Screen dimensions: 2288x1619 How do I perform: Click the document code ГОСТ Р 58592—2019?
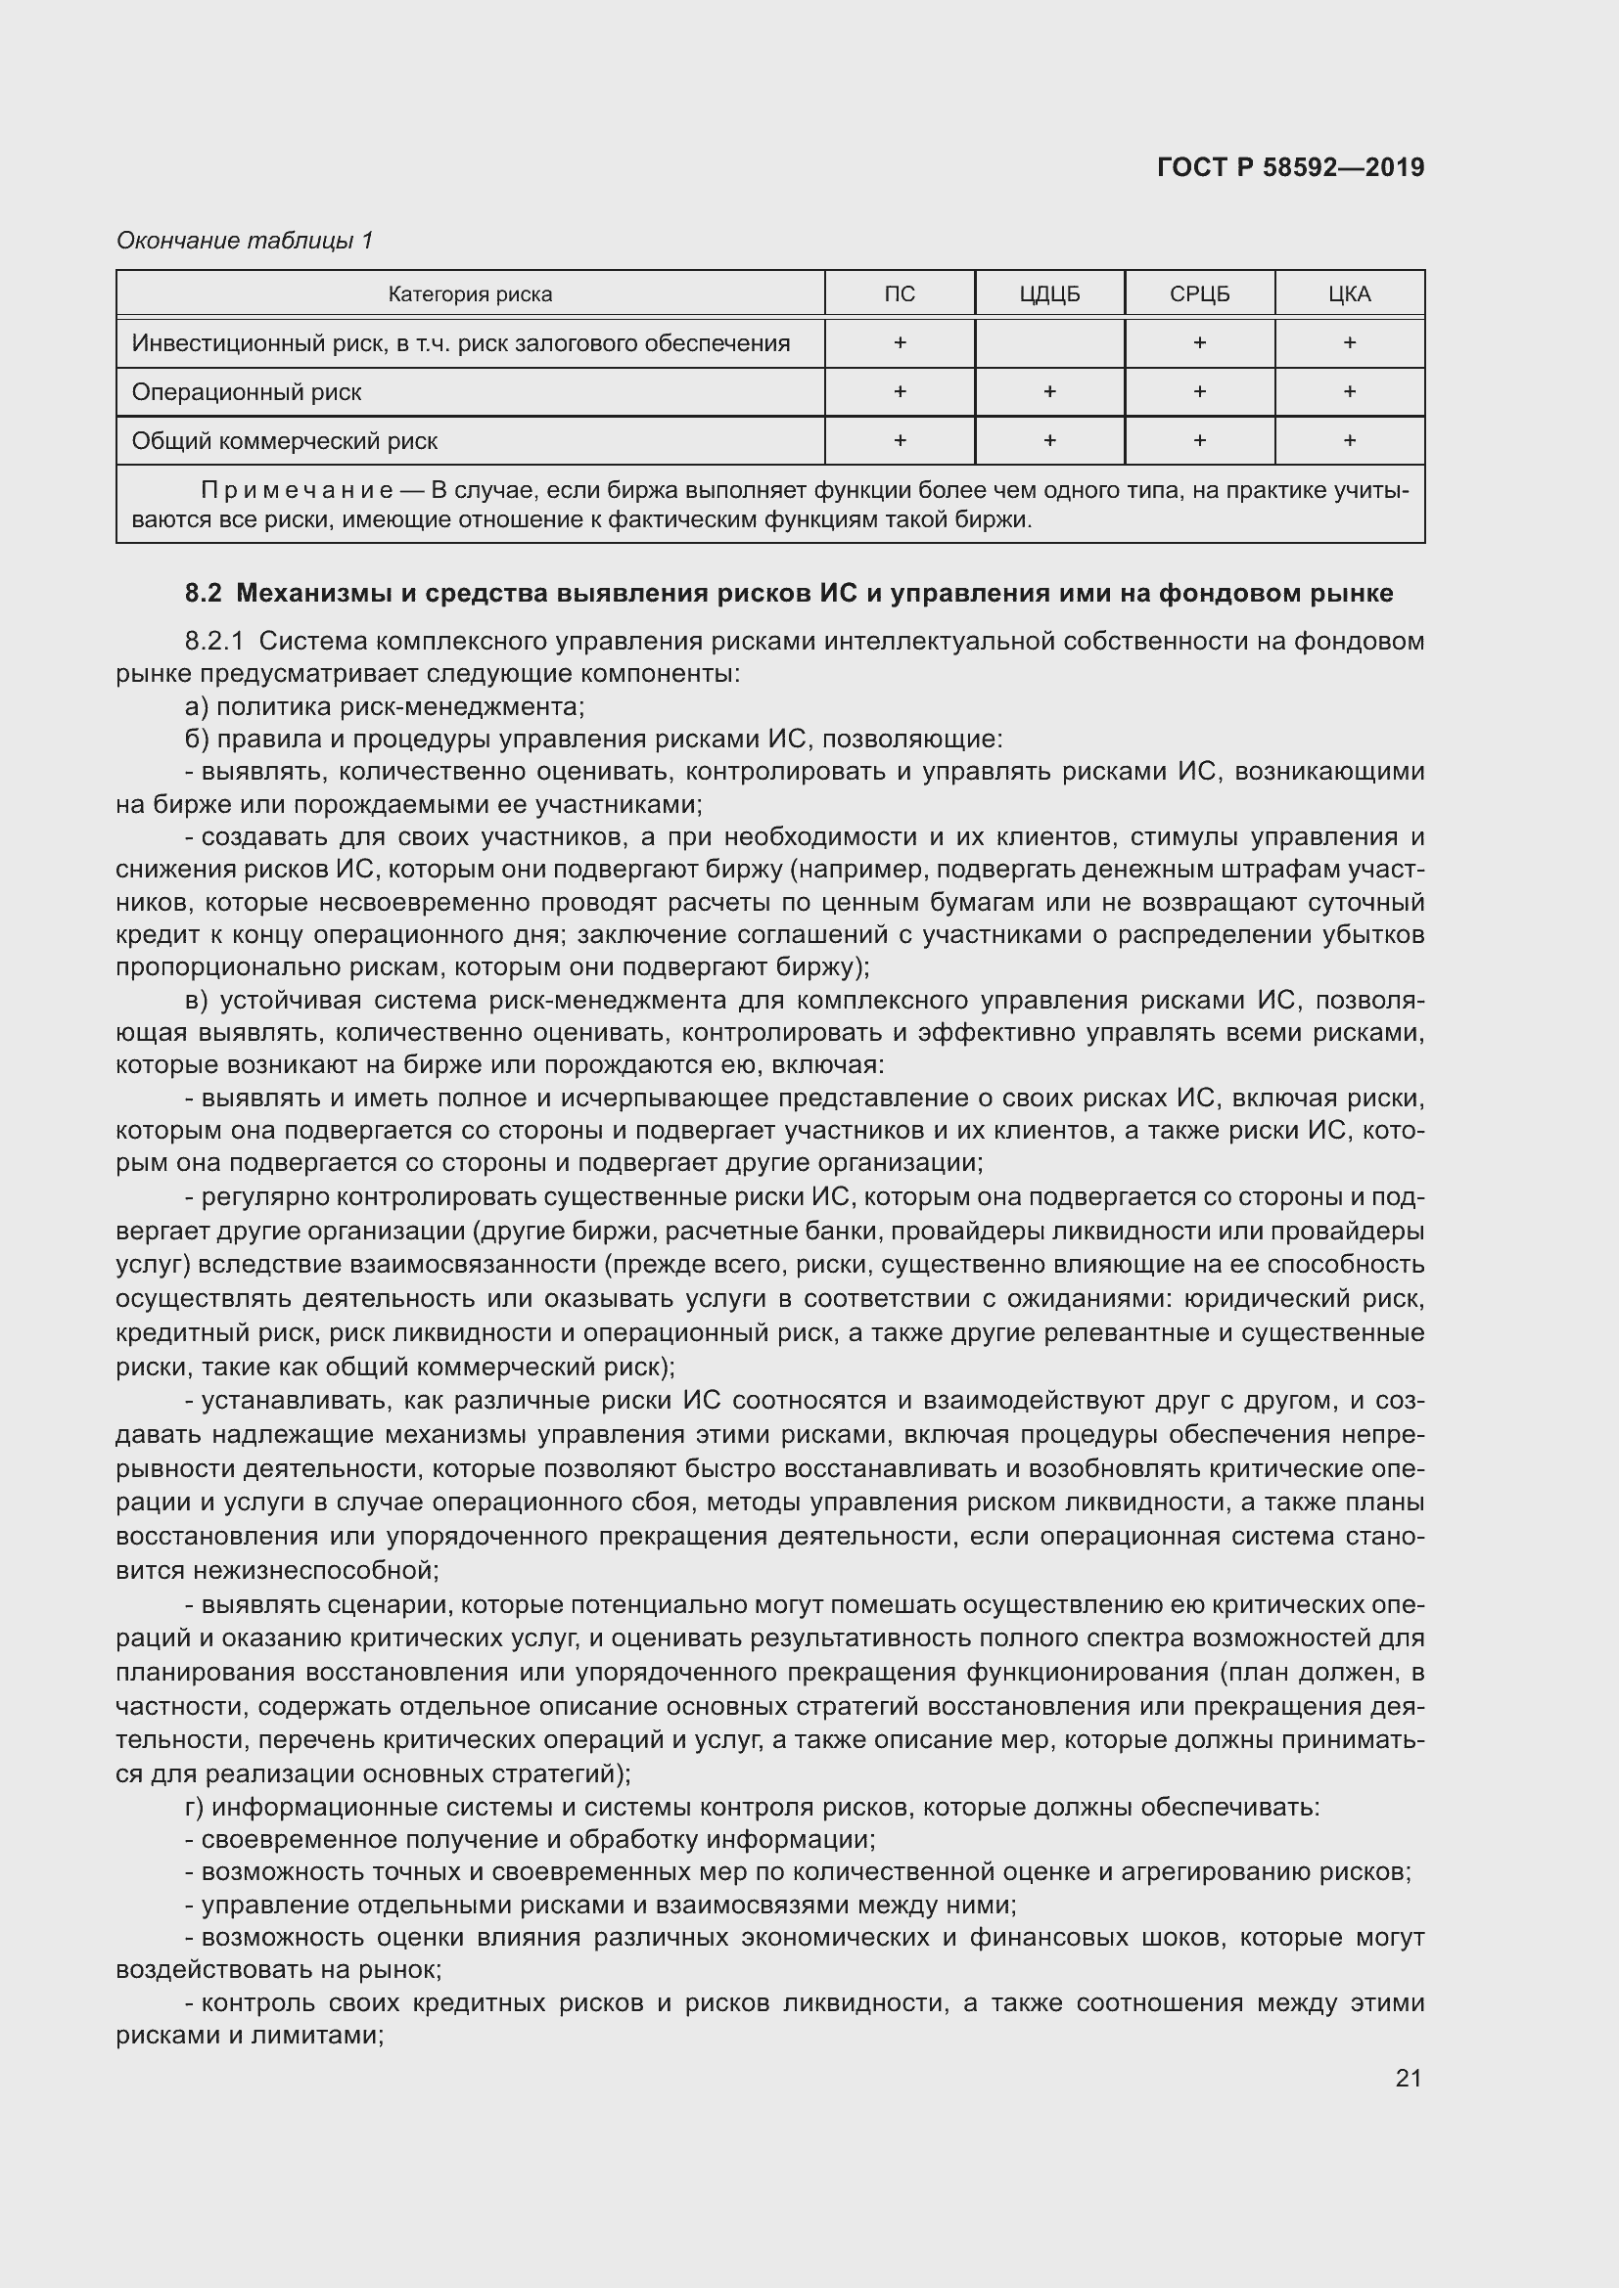click(x=1290, y=167)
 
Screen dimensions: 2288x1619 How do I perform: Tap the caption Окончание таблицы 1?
click(x=245, y=241)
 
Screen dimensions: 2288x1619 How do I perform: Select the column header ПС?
click(x=900, y=294)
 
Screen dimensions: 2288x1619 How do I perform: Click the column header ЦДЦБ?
click(x=1048, y=294)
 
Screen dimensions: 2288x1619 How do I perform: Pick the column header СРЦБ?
click(x=1199, y=294)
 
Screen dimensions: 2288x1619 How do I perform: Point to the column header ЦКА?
click(x=1349, y=294)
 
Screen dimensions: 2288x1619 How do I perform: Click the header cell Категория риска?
click(x=470, y=294)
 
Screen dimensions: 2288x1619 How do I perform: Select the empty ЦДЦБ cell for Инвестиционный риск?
click(x=1048, y=342)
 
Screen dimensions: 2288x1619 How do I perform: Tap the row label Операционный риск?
click(x=247, y=391)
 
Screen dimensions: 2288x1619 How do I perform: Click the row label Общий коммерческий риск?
click(x=284, y=440)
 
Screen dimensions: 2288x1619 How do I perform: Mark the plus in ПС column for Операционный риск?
click(x=900, y=391)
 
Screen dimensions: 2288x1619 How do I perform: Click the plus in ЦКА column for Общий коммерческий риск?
click(x=1349, y=440)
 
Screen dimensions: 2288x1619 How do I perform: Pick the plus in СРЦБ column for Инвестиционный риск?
click(x=1199, y=342)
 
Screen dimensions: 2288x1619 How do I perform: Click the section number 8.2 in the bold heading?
click(x=203, y=594)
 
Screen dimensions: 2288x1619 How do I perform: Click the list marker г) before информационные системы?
click(x=195, y=1807)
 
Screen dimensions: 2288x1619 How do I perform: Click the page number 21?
click(x=1408, y=2078)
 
